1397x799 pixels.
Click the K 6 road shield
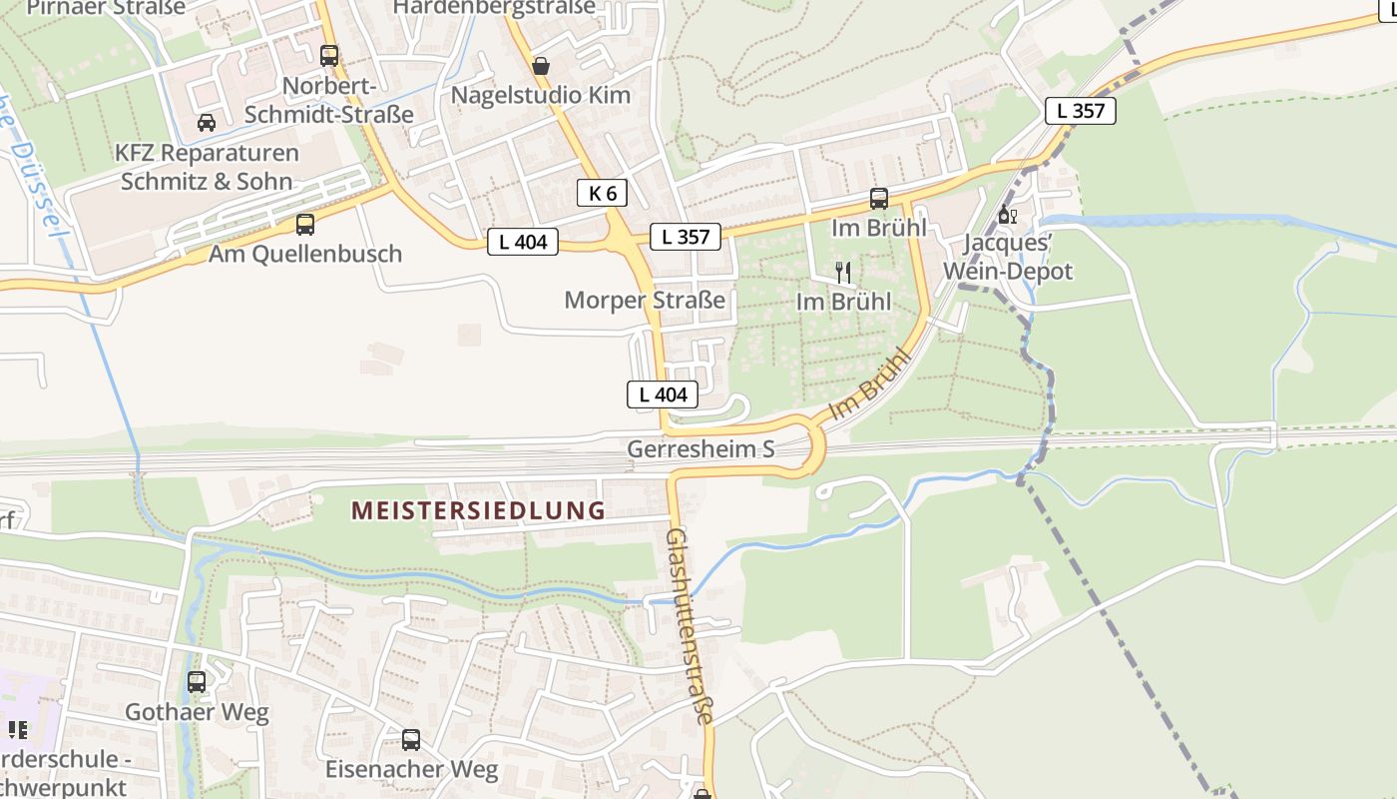pyautogui.click(x=602, y=193)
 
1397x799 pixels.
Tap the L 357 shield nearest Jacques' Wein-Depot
pyautogui.click(x=1081, y=111)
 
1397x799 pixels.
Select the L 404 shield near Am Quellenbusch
pyautogui.click(x=522, y=241)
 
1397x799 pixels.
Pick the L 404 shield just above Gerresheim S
pyautogui.click(x=663, y=395)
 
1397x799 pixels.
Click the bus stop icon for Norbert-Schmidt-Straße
pyautogui.click(x=329, y=56)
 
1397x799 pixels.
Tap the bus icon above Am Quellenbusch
pyautogui.click(x=305, y=225)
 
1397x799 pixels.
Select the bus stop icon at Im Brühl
pyautogui.click(x=879, y=199)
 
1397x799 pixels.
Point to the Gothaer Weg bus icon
pyautogui.click(x=197, y=682)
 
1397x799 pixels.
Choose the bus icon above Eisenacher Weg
pyautogui.click(x=411, y=740)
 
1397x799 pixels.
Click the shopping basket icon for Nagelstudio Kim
pyautogui.click(x=541, y=66)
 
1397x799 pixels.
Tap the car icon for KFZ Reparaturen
pyautogui.click(x=207, y=123)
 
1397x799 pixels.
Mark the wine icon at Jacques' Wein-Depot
pyautogui.click(x=1007, y=215)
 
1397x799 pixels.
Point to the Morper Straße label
pyautogui.click(x=645, y=300)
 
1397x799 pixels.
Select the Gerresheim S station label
pyautogui.click(x=700, y=449)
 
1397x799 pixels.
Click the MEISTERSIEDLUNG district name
pyautogui.click(x=478, y=510)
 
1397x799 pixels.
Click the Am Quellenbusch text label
pyautogui.click(x=305, y=254)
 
